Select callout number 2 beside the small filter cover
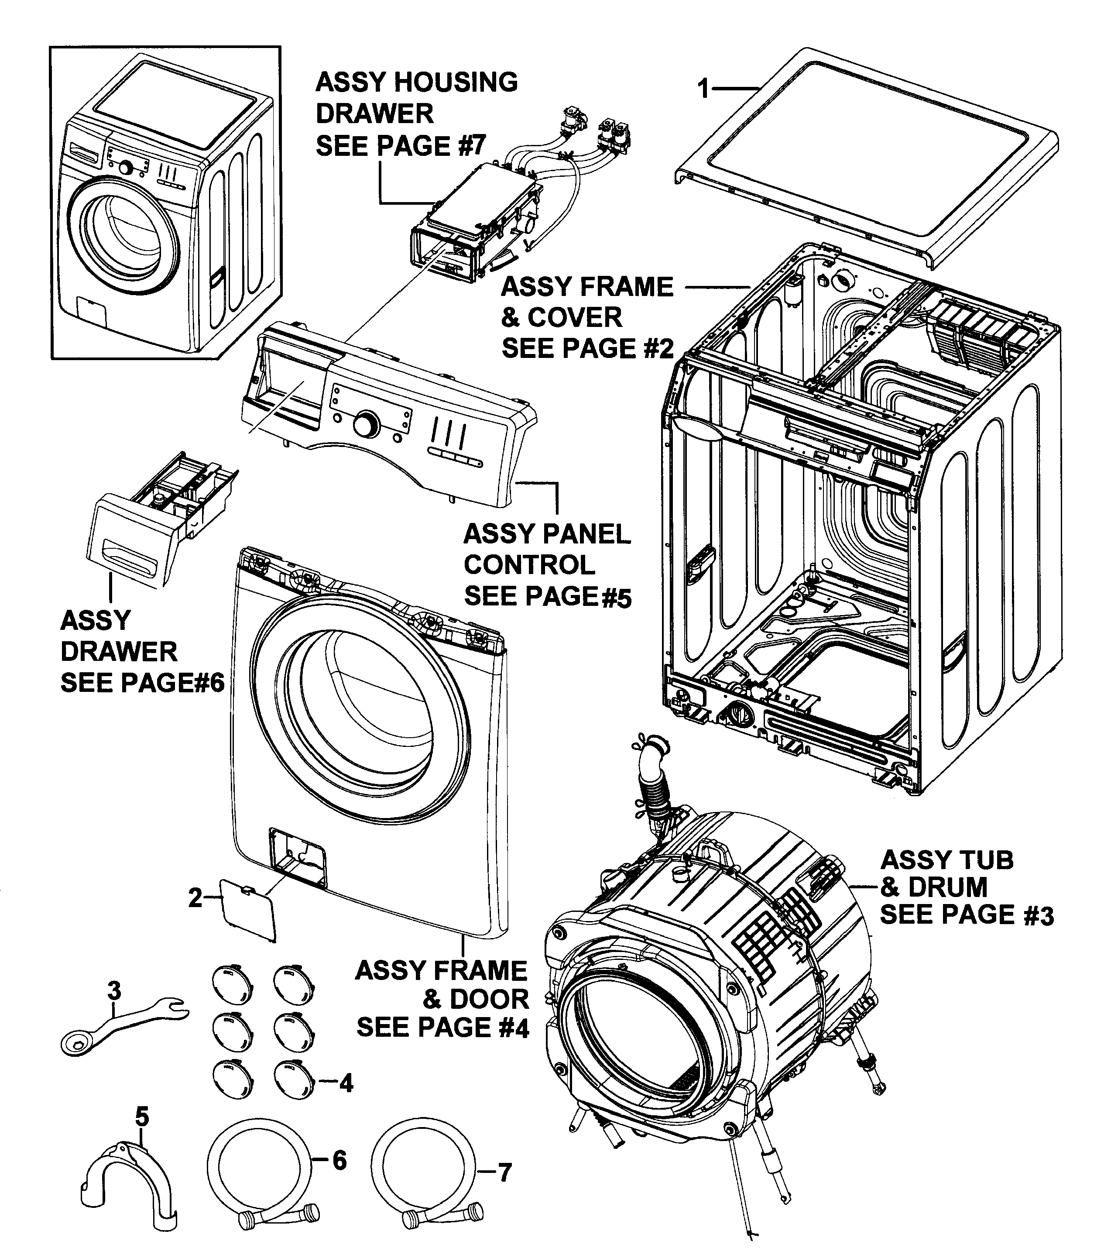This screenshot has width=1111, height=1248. tap(195, 897)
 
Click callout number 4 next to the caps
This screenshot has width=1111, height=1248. tap(346, 1083)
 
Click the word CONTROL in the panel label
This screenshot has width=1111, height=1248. tap(529, 565)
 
